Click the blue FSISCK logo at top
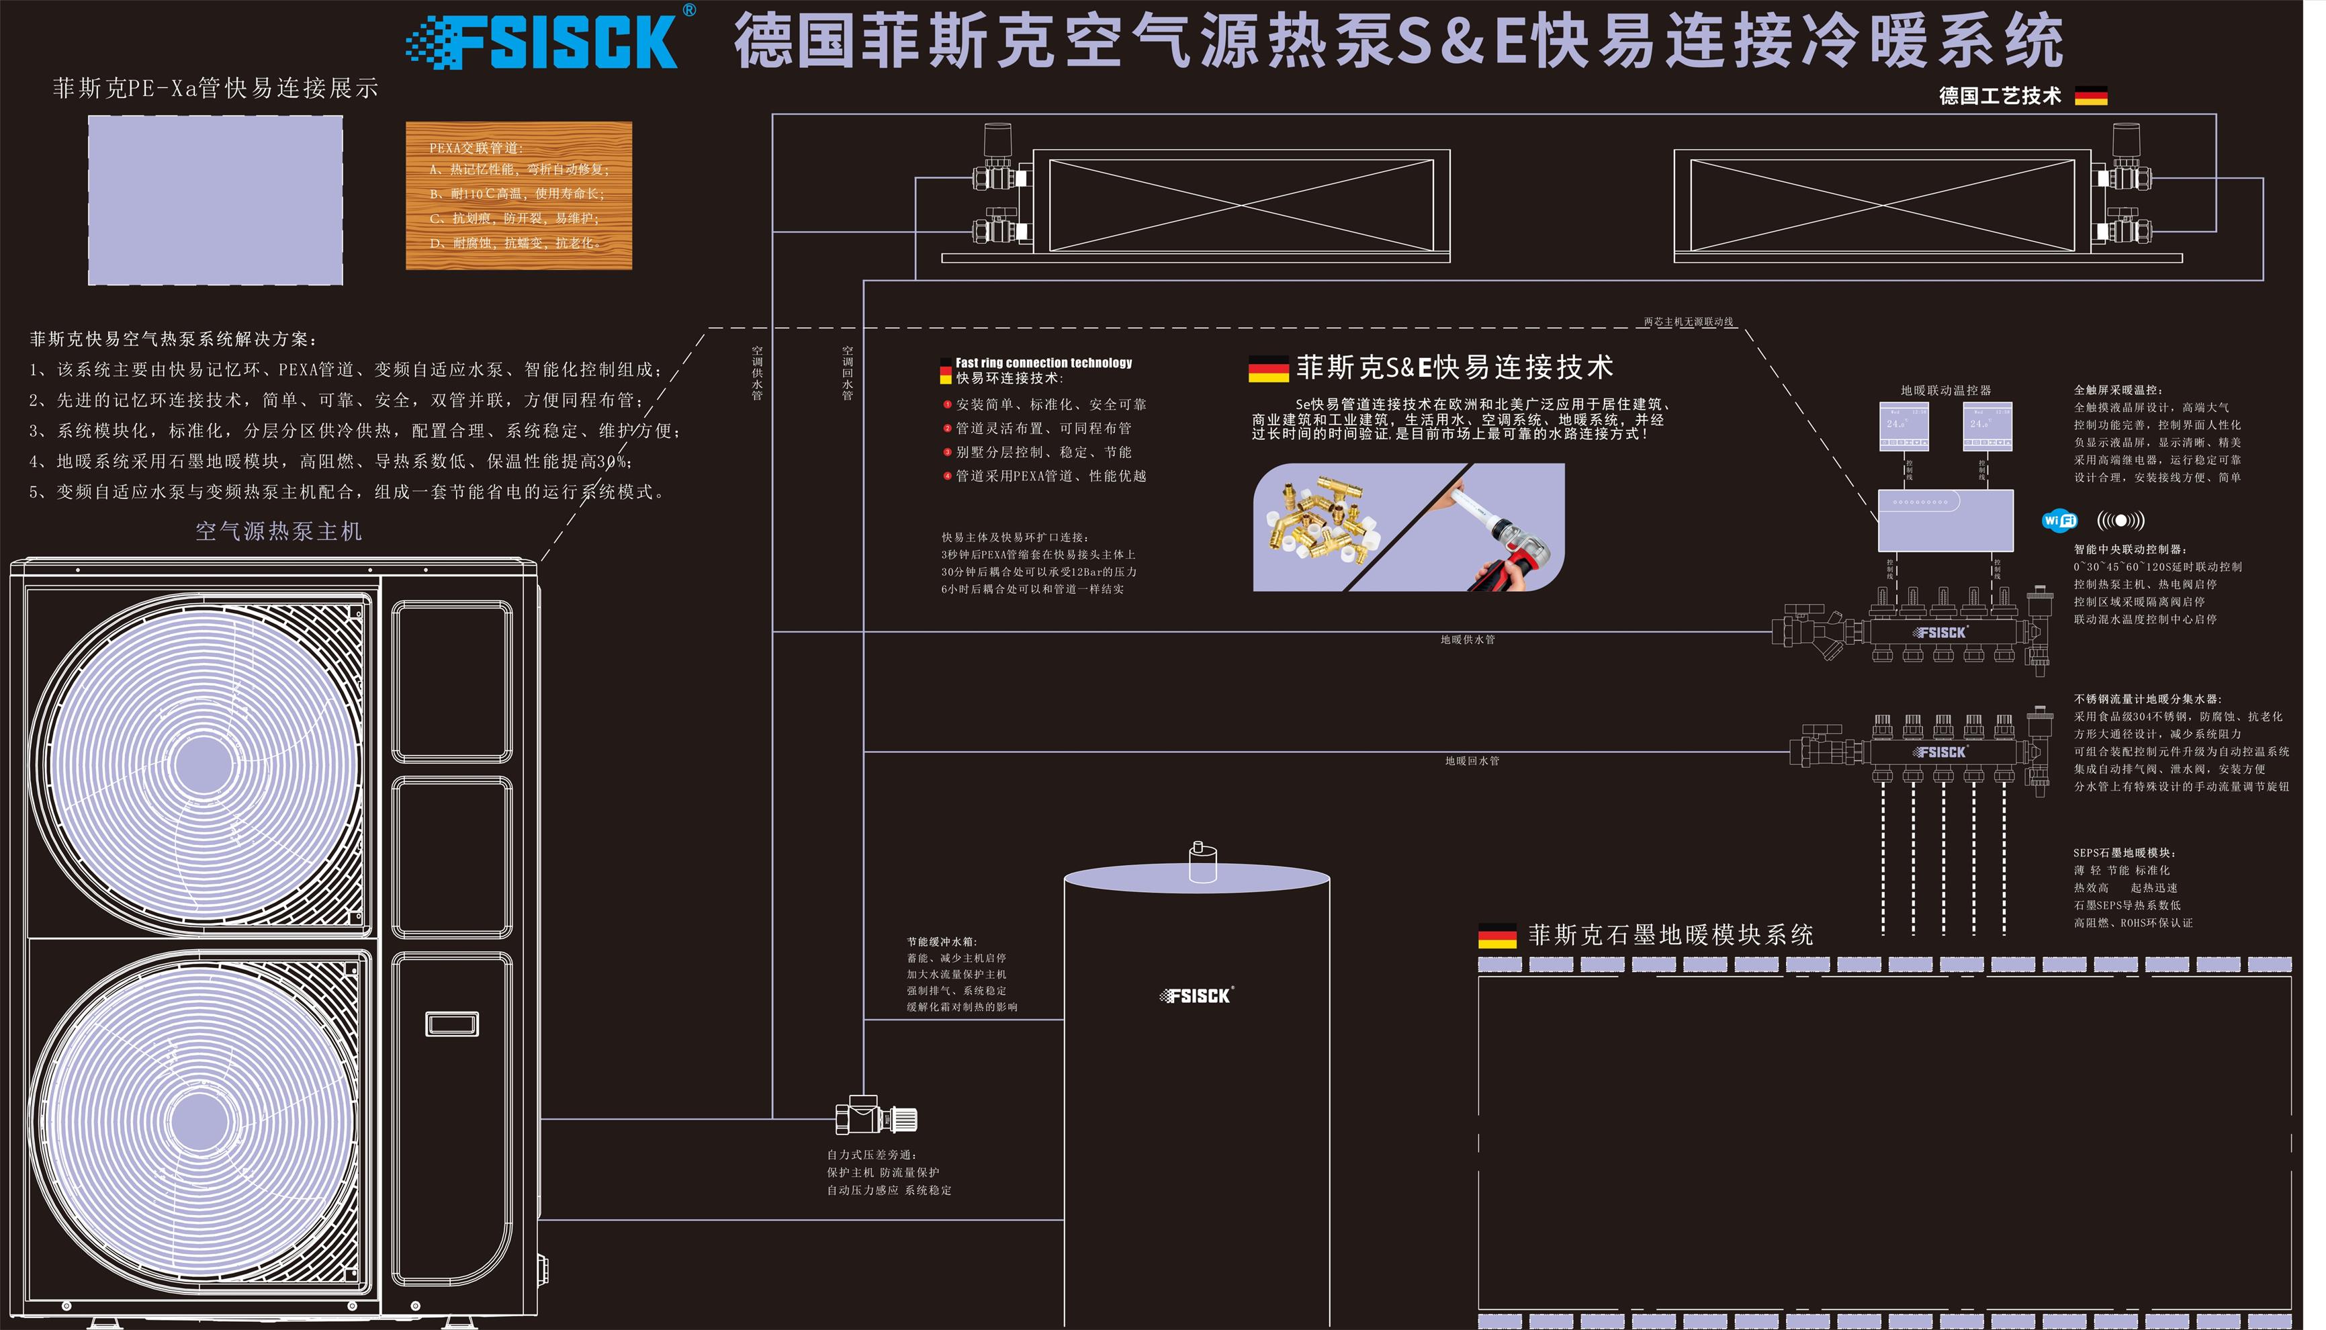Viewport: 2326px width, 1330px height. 548,41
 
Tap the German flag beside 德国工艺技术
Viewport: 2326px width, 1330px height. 2090,96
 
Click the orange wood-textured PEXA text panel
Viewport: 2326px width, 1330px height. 519,195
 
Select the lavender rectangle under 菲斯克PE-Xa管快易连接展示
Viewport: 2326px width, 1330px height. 216,200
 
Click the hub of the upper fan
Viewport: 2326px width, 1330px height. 203,764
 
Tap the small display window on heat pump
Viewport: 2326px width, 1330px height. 452,1024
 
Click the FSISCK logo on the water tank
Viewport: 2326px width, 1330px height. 1196,995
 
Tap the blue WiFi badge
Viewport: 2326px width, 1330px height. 2059,521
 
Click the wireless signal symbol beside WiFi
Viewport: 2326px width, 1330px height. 2120,521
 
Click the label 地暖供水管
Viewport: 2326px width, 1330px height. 1468,639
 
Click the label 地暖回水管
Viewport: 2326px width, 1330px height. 1471,761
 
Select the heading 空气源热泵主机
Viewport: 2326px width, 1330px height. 279,531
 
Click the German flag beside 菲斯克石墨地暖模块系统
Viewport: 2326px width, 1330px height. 1496,936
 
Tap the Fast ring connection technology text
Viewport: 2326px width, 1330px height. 1043,363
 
